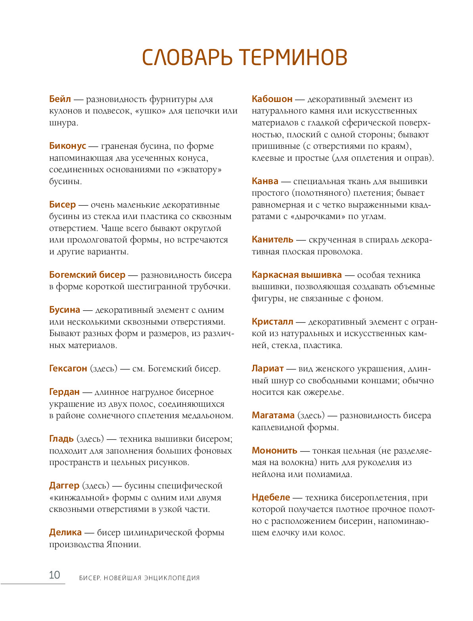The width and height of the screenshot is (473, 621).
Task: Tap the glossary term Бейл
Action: (60, 99)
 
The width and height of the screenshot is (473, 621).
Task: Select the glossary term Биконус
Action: (67, 146)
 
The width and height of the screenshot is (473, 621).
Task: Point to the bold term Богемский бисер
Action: (87, 275)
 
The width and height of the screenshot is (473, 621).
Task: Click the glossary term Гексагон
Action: (68, 368)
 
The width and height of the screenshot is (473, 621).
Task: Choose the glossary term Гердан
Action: (64, 392)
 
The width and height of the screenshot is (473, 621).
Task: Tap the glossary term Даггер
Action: (64, 485)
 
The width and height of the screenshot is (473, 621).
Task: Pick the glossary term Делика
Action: (65, 532)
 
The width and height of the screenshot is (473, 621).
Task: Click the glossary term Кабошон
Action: (272, 99)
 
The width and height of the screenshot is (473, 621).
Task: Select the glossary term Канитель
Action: (272, 239)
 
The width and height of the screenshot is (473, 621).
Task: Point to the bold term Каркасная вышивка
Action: (297, 275)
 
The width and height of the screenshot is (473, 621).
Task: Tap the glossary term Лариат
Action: (268, 368)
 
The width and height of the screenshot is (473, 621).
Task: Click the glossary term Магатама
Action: (273, 415)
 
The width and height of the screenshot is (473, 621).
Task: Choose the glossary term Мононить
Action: (274, 450)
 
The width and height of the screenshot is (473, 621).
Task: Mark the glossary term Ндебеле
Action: (271, 497)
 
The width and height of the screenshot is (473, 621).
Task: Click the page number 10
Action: (54, 575)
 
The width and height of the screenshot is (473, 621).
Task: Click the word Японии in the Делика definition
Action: (123, 544)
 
